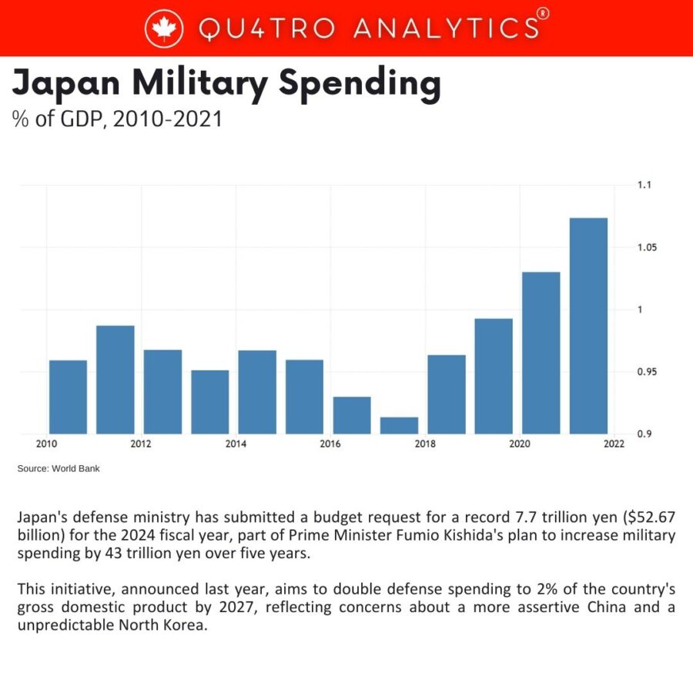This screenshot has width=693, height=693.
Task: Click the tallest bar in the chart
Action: [x=588, y=326]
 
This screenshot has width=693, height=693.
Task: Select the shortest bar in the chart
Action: [x=399, y=425]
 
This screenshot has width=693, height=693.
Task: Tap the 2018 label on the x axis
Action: [x=424, y=444]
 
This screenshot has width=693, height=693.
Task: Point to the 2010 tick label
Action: [x=46, y=444]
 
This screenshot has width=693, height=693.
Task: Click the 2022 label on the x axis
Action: [x=614, y=444]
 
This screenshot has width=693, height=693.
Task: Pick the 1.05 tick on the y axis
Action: [x=647, y=247]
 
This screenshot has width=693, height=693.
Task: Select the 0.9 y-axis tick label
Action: [x=644, y=434]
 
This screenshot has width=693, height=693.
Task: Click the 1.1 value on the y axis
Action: [x=644, y=185]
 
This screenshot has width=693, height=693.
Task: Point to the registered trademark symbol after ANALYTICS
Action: [x=543, y=14]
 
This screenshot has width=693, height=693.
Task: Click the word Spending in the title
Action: [x=360, y=83]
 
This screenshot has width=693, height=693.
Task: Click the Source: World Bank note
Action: [x=59, y=468]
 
